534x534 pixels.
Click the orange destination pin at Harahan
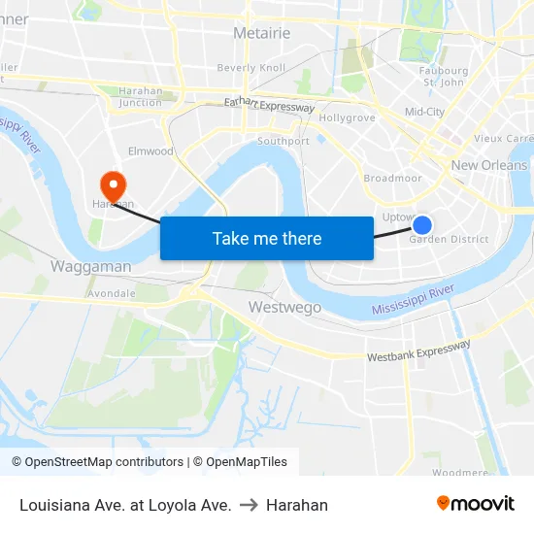(x=114, y=184)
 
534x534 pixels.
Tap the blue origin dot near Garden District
(x=422, y=225)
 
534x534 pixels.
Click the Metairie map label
(x=261, y=33)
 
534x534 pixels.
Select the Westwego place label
(x=284, y=307)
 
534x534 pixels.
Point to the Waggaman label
(x=90, y=265)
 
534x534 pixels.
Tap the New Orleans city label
(x=489, y=165)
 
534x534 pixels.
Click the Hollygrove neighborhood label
(x=347, y=117)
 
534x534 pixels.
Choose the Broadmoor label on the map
(x=392, y=179)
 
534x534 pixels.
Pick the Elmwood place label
(x=150, y=151)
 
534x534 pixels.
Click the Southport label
(x=284, y=141)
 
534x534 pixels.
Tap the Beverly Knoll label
(x=250, y=68)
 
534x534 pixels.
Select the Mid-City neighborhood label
(x=424, y=112)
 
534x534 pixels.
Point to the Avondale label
(x=112, y=292)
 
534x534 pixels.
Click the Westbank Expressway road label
(x=418, y=350)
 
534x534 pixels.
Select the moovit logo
(x=476, y=503)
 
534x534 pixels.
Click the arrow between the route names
(x=249, y=505)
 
